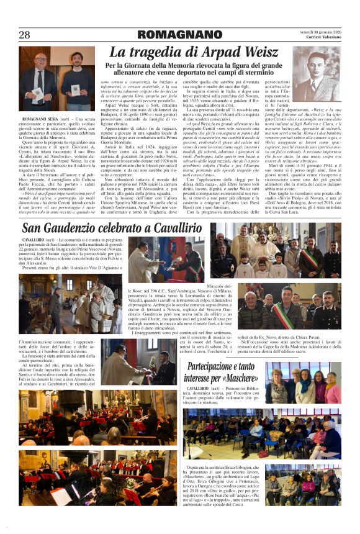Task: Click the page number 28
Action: pyautogui.click(x=24, y=35)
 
